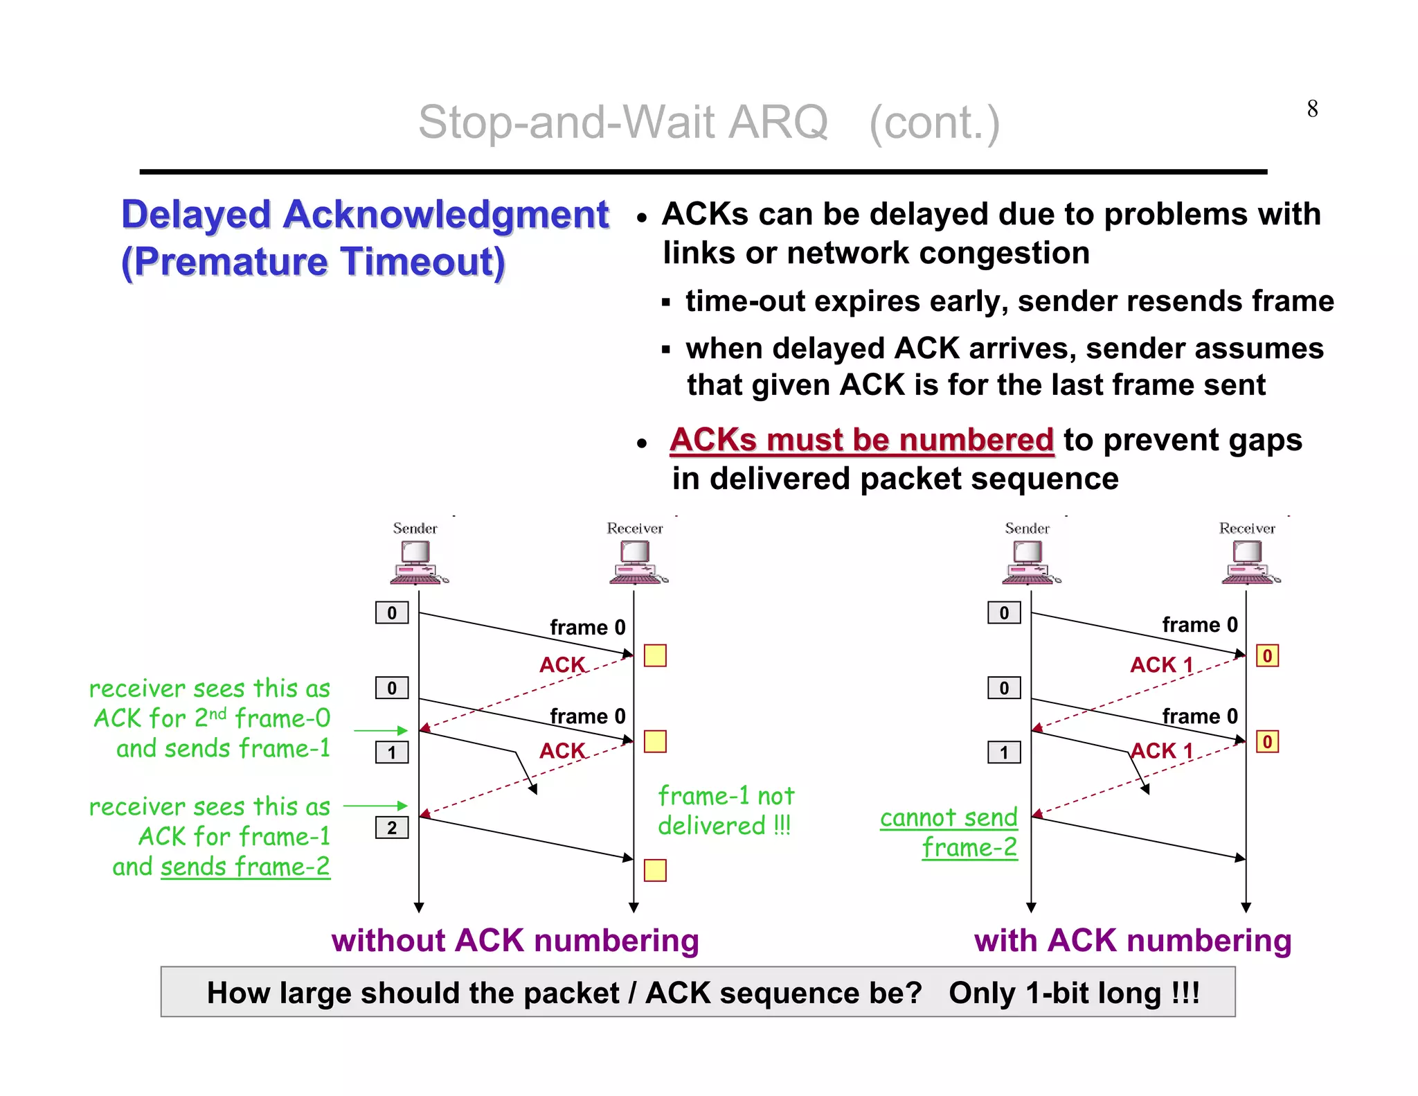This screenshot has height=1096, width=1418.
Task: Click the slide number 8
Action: point(1311,109)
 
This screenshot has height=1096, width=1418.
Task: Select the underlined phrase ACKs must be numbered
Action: point(861,440)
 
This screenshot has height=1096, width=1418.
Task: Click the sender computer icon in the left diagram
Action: point(418,563)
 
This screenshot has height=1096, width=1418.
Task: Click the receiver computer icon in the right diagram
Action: point(1250,563)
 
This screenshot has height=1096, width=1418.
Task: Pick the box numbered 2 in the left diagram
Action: point(392,827)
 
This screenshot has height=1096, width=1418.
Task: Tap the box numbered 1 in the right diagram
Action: point(1003,752)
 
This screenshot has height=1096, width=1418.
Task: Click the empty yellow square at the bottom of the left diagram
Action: point(654,870)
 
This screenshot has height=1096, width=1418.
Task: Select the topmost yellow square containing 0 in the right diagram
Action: point(1267,655)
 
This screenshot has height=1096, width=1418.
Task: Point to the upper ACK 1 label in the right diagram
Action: point(1161,664)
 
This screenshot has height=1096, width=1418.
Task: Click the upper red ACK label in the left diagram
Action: point(562,664)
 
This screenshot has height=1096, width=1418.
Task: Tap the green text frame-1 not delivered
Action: point(725,811)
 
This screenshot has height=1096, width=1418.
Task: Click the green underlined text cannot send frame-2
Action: point(950,832)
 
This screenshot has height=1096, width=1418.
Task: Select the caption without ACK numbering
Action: point(515,940)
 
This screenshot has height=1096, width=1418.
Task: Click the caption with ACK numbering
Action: point(1132,940)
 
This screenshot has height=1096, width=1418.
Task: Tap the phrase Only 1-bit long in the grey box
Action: point(1073,993)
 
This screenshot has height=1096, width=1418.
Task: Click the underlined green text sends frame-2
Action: point(245,866)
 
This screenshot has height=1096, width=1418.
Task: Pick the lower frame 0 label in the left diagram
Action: point(587,716)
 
